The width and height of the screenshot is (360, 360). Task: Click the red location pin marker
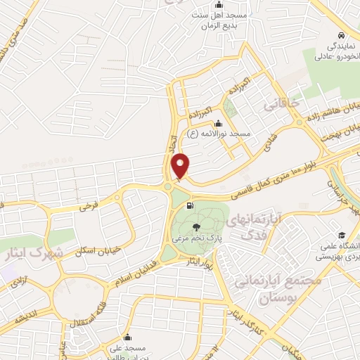181,166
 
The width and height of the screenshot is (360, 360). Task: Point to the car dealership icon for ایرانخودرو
340,35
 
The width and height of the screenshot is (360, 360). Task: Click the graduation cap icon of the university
341,235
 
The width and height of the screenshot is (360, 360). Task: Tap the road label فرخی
87,206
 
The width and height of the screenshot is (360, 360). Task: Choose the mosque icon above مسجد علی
127,337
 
